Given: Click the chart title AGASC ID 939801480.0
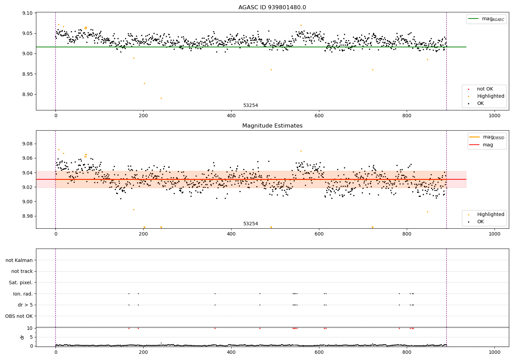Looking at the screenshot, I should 272,8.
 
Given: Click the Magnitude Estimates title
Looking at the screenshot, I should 272,126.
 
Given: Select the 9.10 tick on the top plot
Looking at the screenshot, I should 27,13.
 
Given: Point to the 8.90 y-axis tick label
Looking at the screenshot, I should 27,95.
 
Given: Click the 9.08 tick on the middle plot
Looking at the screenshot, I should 27,144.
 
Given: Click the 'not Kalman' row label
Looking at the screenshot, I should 19,260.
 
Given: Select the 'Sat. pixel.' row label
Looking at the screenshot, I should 21,283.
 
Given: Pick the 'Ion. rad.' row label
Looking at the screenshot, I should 23,294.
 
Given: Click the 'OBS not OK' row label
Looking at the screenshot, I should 19,316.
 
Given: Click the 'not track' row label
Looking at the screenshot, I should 22,271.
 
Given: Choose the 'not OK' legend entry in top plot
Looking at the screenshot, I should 485,89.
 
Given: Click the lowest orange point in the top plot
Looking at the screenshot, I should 161,98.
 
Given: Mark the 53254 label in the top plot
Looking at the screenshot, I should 250,106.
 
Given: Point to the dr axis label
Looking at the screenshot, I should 22,337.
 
